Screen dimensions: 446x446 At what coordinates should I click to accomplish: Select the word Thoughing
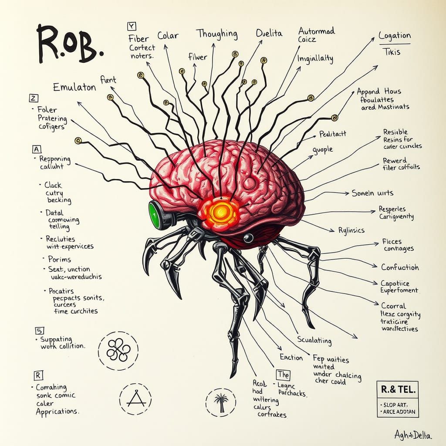[x=216, y=34]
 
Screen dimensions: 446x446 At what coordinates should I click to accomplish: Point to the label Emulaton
[x=74, y=87]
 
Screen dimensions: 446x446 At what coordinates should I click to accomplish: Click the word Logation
[x=395, y=36]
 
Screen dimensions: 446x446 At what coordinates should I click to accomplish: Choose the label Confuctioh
[x=400, y=267]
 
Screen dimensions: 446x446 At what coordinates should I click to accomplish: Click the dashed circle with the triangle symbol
[x=135, y=399]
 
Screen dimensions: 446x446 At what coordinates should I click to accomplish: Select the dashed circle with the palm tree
[x=220, y=401]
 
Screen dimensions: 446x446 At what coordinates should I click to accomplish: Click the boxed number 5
[x=38, y=331]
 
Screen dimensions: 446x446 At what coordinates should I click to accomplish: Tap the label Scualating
[x=314, y=341]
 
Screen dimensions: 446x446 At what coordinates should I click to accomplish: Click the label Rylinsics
[x=351, y=230]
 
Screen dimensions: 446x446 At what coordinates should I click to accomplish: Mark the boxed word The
[x=283, y=374]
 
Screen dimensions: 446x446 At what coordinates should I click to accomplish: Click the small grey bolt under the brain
[x=248, y=237]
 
